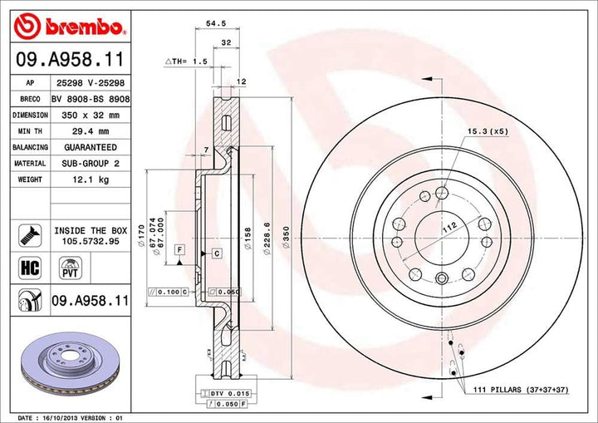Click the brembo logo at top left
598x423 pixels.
(x=71, y=27)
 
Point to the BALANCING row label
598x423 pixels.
(x=29, y=147)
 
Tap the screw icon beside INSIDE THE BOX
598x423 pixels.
(x=29, y=234)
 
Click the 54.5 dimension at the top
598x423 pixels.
(x=218, y=24)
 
